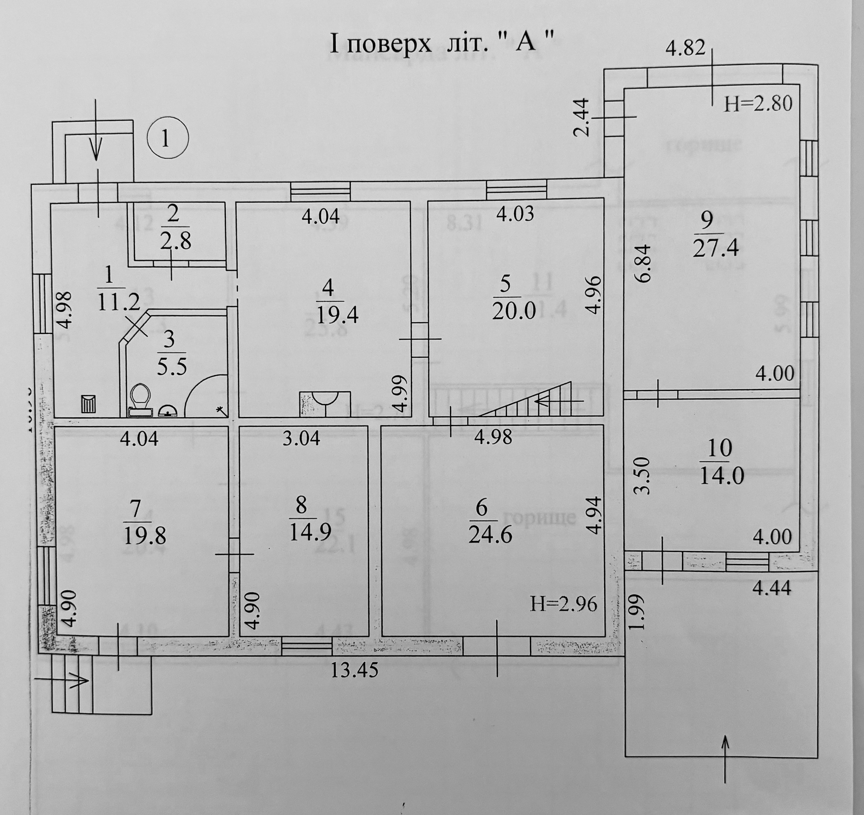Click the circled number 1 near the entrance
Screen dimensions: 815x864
pos(168,139)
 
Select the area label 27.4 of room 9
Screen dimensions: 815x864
pos(716,249)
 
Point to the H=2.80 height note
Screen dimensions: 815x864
pos(758,104)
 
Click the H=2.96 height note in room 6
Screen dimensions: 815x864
pos(563,604)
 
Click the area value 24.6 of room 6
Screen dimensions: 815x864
pos(490,535)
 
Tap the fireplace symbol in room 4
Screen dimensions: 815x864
pos(325,403)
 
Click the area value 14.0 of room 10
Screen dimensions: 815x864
pos(722,476)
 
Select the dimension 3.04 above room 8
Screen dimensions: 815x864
pos(301,438)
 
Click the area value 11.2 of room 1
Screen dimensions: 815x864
pos(119,301)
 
